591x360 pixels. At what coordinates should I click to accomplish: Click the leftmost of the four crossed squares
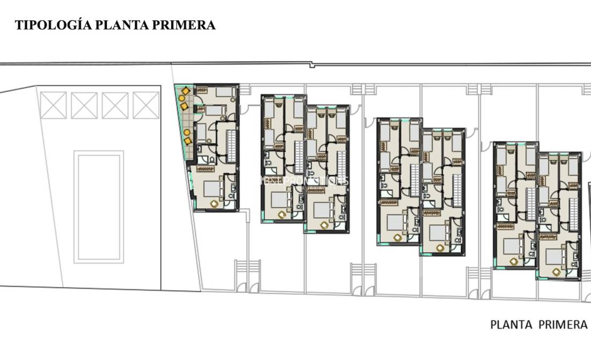pyautogui.click(x=53, y=105)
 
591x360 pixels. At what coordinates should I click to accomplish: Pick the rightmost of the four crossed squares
pyautogui.click(x=146, y=105)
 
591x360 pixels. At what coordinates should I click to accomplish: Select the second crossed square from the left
pyautogui.click(x=84, y=105)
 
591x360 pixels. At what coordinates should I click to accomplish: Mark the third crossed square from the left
pyautogui.click(x=115, y=105)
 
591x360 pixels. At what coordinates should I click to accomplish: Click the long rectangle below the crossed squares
pyautogui.click(x=99, y=207)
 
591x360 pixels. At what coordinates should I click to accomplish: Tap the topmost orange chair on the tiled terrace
pyautogui.click(x=185, y=91)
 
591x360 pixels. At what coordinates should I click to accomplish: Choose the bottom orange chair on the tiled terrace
pyautogui.click(x=188, y=141)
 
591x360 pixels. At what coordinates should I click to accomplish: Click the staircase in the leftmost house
pyautogui.click(x=231, y=145)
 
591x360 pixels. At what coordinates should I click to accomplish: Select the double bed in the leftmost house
pyautogui.click(x=213, y=189)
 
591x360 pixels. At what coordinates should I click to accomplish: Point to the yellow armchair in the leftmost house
pyautogui.click(x=214, y=204)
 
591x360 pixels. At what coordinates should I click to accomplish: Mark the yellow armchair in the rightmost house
pyautogui.click(x=556, y=272)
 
